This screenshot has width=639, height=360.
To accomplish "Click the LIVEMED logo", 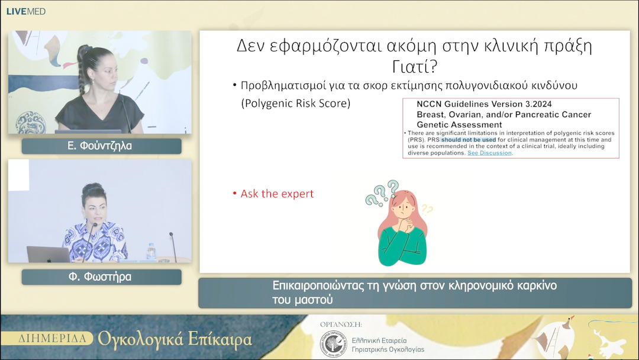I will [25, 11].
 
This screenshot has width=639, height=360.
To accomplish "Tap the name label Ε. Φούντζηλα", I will [101, 146].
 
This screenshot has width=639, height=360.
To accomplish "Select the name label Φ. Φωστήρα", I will [101, 277].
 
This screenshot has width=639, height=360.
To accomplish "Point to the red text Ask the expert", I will [277, 194].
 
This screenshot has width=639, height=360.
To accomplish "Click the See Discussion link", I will [490, 153].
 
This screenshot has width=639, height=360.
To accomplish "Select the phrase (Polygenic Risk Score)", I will [296, 103].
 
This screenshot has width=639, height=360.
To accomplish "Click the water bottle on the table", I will [151, 252].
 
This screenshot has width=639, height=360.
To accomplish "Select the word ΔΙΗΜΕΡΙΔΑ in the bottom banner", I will [56, 339].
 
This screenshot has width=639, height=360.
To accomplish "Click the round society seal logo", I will [332, 344].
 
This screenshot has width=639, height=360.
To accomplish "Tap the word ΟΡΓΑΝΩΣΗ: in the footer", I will [340, 324].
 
